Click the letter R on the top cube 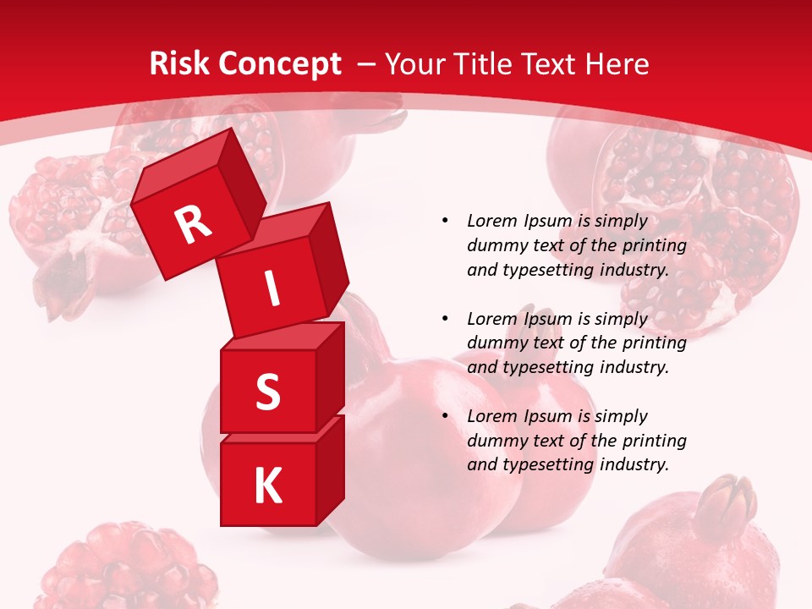[x=194, y=224]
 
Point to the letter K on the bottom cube [x=267, y=486]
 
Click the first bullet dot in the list [x=445, y=222]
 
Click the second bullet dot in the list [x=445, y=319]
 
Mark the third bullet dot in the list [x=445, y=416]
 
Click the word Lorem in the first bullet [x=491, y=221]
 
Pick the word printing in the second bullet [x=654, y=343]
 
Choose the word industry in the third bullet [x=634, y=464]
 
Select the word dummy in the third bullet [x=494, y=441]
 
